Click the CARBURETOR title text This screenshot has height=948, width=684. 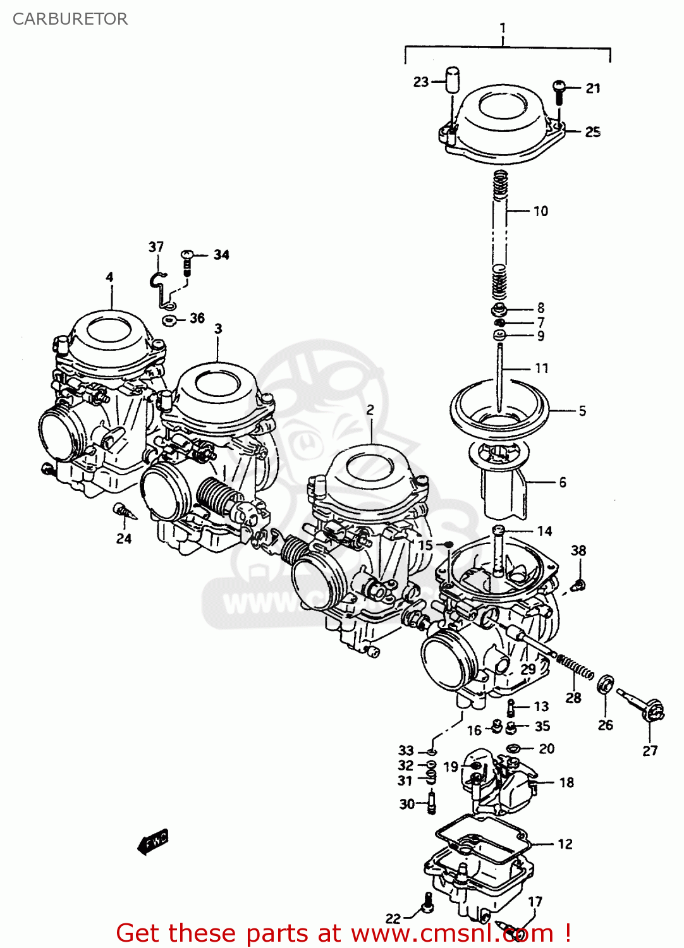(x=70, y=19)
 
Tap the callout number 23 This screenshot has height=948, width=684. (x=421, y=82)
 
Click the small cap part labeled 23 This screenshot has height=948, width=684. (x=451, y=80)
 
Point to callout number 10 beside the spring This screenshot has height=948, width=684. (x=540, y=211)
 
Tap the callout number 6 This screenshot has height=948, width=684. (x=562, y=482)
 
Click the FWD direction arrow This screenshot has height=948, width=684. (x=153, y=841)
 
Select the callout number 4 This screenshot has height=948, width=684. (x=109, y=277)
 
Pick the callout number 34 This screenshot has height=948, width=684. (x=221, y=255)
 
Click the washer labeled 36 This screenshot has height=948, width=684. (x=169, y=320)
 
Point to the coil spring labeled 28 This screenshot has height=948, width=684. (x=575, y=668)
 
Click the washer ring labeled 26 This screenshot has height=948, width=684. (x=606, y=683)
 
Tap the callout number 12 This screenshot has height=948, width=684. (x=565, y=844)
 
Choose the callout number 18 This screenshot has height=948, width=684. (x=566, y=782)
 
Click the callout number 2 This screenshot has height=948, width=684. (x=370, y=410)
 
